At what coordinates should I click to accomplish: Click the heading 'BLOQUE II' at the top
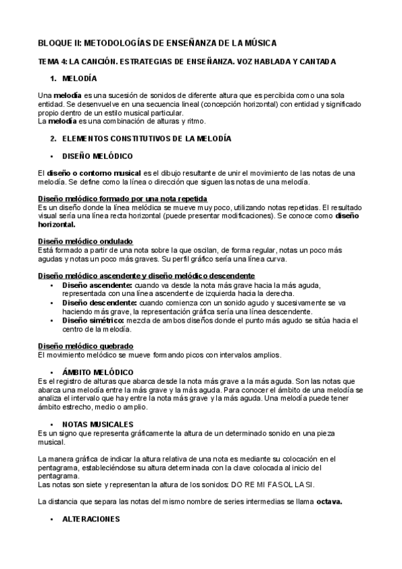click(156, 43)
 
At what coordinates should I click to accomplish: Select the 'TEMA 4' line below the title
click(187, 62)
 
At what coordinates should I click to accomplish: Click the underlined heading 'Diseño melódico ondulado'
click(85, 240)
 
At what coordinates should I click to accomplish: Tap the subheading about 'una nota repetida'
click(122, 199)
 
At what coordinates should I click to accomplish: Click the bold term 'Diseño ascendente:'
click(92, 284)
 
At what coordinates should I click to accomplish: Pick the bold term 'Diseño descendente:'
click(95, 302)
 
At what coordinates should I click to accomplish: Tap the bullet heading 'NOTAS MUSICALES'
click(97, 424)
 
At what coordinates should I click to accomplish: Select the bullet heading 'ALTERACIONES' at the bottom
click(91, 519)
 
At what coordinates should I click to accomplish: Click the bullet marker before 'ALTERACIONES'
click(52, 520)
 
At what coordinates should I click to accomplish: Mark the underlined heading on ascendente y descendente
click(146, 276)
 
